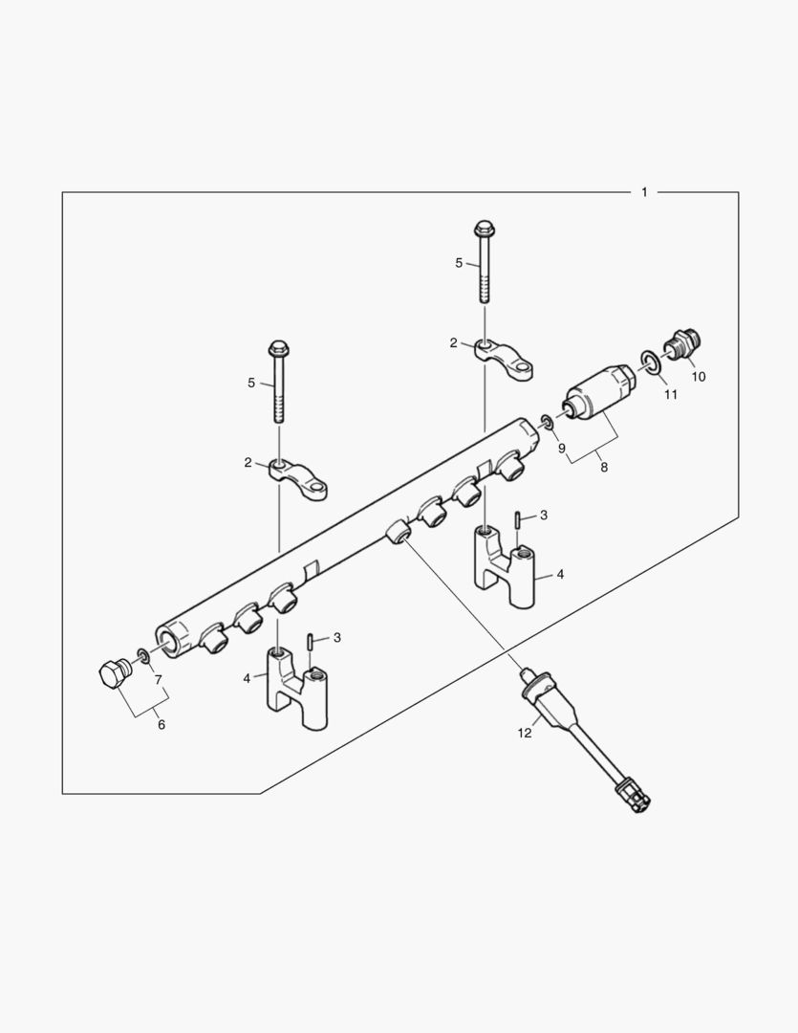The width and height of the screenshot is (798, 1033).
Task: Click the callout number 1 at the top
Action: coord(644,192)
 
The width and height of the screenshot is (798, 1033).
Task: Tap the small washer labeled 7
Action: coord(142,655)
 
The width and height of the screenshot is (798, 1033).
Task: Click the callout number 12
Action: coord(524,733)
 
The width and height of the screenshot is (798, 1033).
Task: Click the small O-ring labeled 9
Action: coord(545,421)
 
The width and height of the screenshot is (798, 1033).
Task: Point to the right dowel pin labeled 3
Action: coord(516,519)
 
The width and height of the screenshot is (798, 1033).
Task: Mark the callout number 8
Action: coord(603,466)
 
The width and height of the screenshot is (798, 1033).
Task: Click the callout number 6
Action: coord(161,725)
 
